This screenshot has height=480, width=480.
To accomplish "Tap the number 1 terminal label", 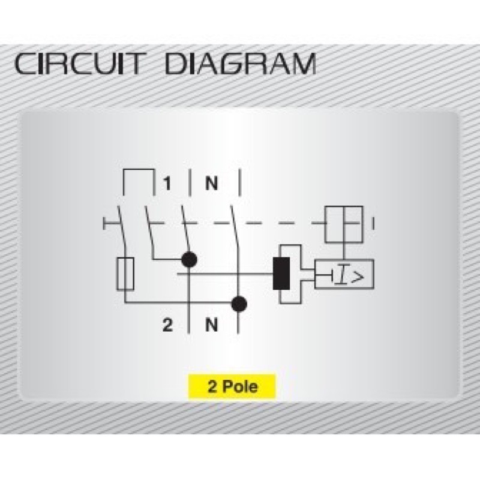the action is pyautogui.click(x=167, y=183).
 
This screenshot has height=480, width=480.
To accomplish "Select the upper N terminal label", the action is pyautogui.click(x=211, y=183).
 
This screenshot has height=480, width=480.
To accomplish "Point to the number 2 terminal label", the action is pyautogui.click(x=167, y=325).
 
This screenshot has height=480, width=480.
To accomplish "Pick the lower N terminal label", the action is pyautogui.click(x=211, y=325).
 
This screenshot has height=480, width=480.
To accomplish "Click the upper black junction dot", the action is pyautogui.click(x=190, y=260).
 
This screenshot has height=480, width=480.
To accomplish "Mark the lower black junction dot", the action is pyautogui.click(x=239, y=304).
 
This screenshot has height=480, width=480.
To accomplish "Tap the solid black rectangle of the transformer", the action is pyautogui.click(x=280, y=274).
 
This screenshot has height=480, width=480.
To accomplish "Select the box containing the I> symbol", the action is pyautogui.click(x=344, y=275).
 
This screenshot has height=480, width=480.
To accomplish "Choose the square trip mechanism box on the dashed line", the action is pyautogui.click(x=343, y=223).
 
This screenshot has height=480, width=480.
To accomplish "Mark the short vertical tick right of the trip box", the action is pyautogui.click(x=374, y=224).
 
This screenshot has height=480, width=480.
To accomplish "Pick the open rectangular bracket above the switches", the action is pyautogui.click(x=137, y=180).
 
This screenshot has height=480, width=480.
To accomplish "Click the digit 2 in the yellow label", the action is pyautogui.click(x=212, y=386).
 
